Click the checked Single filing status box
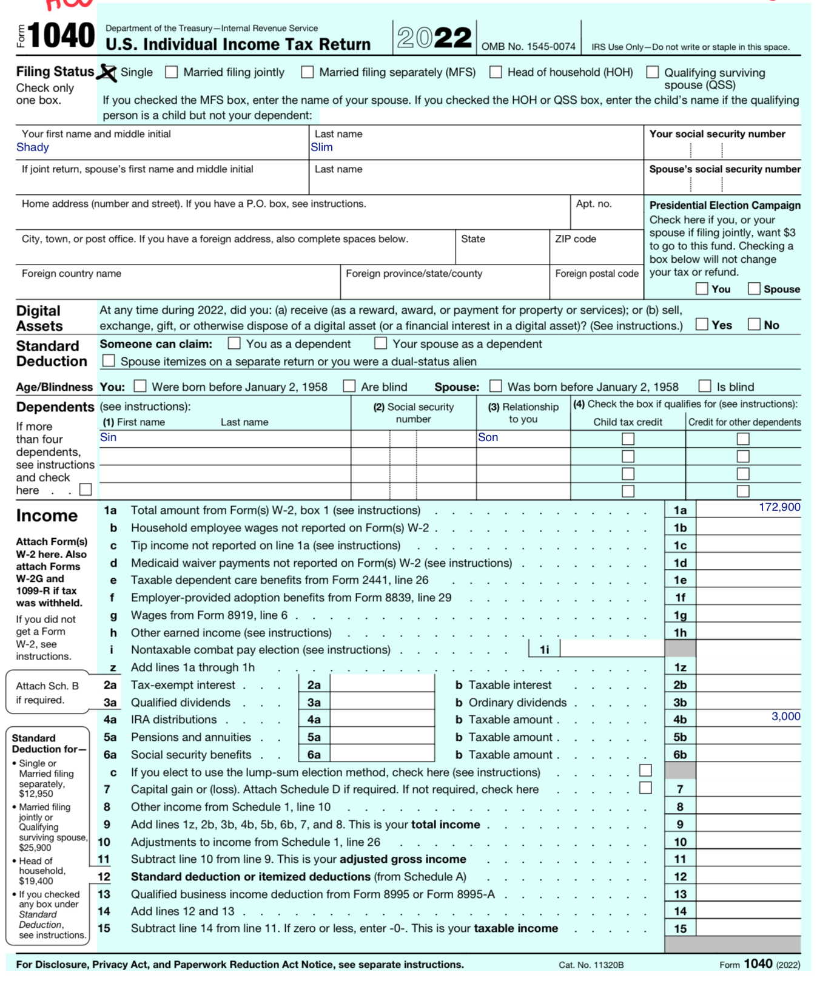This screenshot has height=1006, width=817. pos(107,72)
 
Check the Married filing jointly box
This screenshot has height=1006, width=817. pos(172,72)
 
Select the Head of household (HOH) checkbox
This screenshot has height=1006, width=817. pos(496,72)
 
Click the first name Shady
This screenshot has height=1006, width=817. pos(33,147)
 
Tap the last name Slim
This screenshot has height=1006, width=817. pos(321,147)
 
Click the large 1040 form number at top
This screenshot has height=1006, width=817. pos(61,36)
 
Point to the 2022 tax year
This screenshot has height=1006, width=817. pos(434,38)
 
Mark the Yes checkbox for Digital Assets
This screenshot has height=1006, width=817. pos(702,324)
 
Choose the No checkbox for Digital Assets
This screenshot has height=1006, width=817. pos(754,324)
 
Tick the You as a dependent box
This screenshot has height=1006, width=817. pos(234,343)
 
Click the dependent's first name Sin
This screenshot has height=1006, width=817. pos(108,437)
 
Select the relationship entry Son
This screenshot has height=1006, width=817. pos(488,437)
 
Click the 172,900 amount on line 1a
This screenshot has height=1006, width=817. pos(779,507)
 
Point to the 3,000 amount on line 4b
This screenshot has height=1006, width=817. pos(785,717)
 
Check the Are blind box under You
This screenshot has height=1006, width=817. pos(349,386)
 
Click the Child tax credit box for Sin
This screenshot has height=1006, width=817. pos(628,438)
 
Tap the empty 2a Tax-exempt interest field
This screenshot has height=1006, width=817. pos(382,684)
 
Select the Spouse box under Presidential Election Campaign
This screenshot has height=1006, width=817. pos(754,289)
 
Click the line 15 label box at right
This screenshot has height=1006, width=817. pos(680,928)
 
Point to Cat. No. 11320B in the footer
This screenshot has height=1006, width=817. pos(591,965)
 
